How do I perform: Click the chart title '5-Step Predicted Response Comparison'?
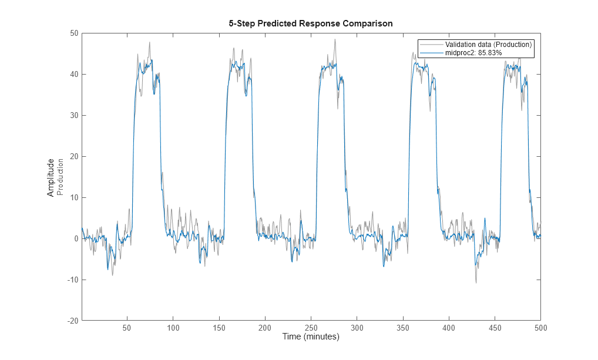pyautogui.click(x=310, y=23)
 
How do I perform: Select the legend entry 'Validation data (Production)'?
pyautogui.click(x=488, y=45)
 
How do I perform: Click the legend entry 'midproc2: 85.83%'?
pyautogui.click(x=473, y=53)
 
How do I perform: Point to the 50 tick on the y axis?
pyautogui.click(x=75, y=33)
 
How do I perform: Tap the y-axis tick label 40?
pyautogui.click(x=75, y=75)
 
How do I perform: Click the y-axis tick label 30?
pyautogui.click(x=75, y=116)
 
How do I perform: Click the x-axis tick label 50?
pyautogui.click(x=127, y=328)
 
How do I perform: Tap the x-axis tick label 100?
pyautogui.click(x=173, y=328)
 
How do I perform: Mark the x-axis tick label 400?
pyautogui.click(x=449, y=328)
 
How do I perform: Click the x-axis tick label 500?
pyautogui.click(x=540, y=328)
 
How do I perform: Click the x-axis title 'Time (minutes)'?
pyautogui.click(x=311, y=337)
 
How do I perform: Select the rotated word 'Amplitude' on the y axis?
pyautogui.click(x=51, y=177)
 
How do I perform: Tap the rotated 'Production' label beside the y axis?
pyautogui.click(x=60, y=177)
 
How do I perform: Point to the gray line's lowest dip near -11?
pyautogui.click(x=476, y=283)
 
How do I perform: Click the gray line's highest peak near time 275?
pyautogui.click(x=335, y=39)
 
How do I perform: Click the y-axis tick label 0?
pyautogui.click(x=76, y=239)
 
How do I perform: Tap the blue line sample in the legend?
pyautogui.click(x=432, y=53)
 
